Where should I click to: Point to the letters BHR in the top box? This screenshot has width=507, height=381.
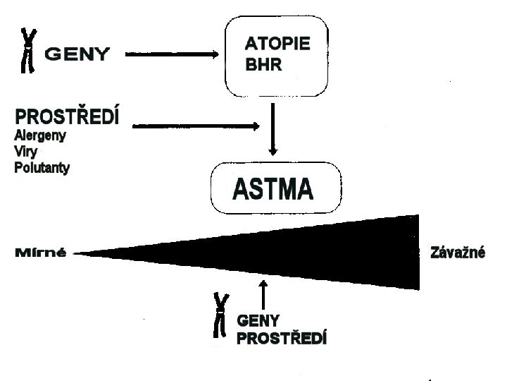[263, 66]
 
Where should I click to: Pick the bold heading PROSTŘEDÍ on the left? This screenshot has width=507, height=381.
[67, 116]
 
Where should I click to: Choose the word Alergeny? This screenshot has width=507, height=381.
[39, 136]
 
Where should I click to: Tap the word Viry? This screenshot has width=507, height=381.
[25, 152]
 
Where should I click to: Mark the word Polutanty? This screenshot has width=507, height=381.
[42, 167]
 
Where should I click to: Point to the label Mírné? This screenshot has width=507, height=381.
[41, 253]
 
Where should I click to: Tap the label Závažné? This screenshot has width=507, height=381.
[457, 253]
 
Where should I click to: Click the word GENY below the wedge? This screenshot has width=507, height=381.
[258, 321]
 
